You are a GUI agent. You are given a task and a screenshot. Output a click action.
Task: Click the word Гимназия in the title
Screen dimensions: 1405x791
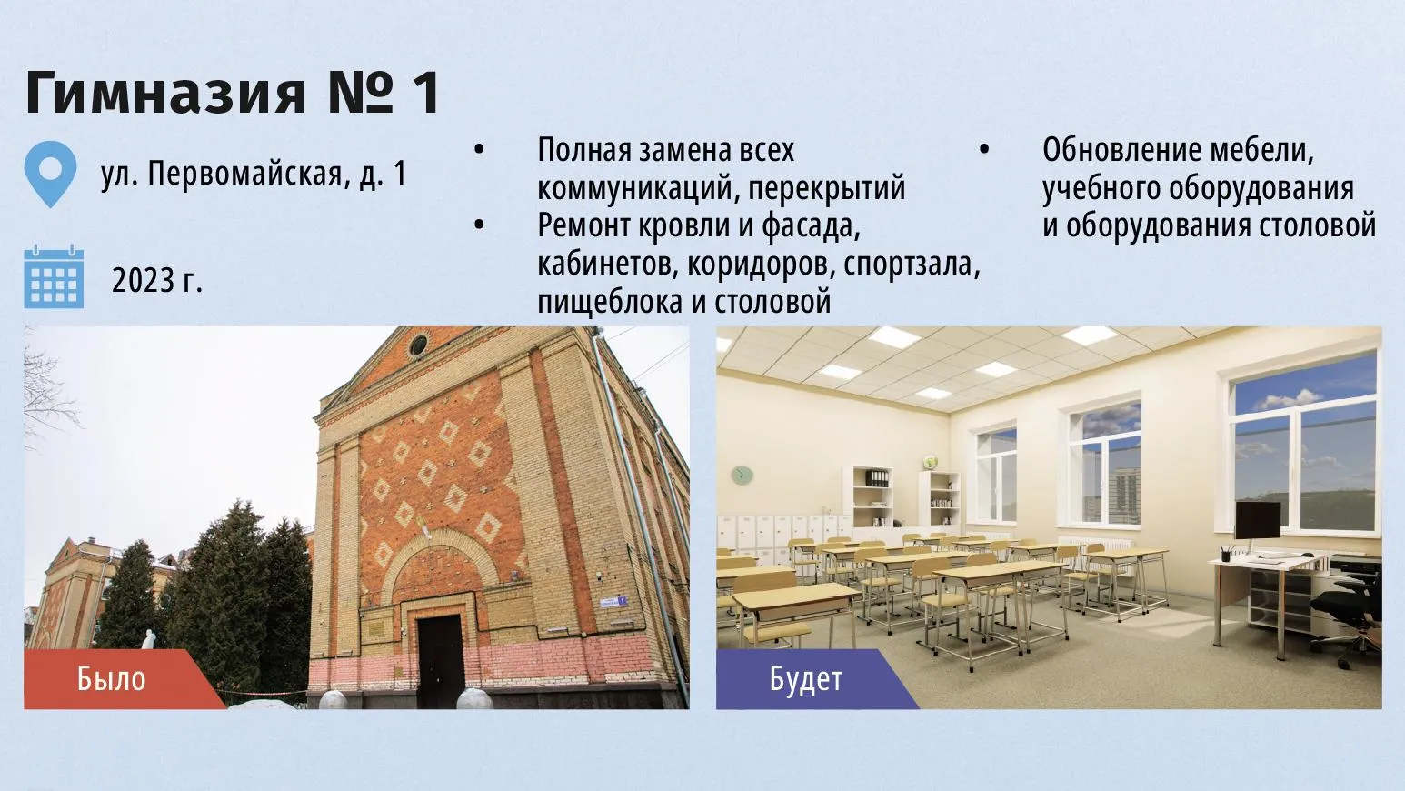(165, 93)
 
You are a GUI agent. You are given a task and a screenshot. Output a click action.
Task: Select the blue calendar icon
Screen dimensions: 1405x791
(54, 276)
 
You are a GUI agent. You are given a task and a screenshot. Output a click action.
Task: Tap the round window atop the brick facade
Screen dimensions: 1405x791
(418, 345)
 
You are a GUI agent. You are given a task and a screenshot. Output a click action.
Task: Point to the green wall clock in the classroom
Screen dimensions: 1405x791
(742, 475)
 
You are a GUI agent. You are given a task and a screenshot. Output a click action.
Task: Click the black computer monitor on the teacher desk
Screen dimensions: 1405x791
(1258, 520)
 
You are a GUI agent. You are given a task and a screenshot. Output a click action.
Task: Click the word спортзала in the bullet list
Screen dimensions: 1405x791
(912, 264)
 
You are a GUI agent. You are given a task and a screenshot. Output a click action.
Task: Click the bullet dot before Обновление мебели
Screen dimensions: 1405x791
(984, 150)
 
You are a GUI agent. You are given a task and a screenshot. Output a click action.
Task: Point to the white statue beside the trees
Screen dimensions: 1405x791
(149, 639)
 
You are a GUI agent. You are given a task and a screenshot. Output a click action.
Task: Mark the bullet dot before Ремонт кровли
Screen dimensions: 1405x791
(479, 225)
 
